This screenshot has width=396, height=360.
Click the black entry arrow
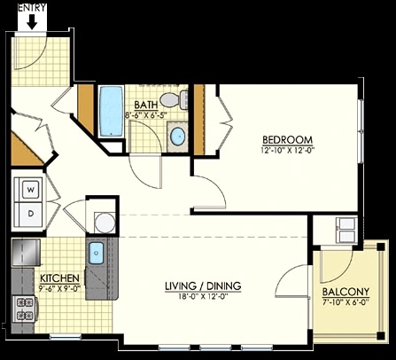click(x=32, y=22)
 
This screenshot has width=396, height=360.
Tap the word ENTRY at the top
click(x=32, y=7)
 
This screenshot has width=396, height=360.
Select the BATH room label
click(x=146, y=105)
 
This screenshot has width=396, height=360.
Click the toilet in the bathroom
click(x=175, y=99)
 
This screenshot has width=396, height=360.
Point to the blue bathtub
click(x=111, y=111)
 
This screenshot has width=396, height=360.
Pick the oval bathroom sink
click(x=178, y=137)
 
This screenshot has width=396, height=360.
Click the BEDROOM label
click(x=287, y=139)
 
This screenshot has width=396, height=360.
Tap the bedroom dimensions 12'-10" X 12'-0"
click(x=287, y=150)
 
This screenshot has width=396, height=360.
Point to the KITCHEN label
click(x=59, y=278)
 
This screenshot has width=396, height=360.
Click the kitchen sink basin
click(x=97, y=253)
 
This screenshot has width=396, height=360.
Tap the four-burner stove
click(x=25, y=309)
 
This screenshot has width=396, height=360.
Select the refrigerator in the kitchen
click(x=26, y=253)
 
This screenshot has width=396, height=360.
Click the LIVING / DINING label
click(x=203, y=286)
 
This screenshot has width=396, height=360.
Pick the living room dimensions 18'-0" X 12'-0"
click(x=203, y=296)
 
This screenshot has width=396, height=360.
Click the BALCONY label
click(x=346, y=292)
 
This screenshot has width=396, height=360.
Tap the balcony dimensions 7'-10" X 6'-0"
click(x=346, y=302)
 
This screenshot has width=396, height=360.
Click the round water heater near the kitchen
click(x=105, y=223)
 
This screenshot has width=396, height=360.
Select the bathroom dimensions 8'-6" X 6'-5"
click(x=146, y=115)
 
